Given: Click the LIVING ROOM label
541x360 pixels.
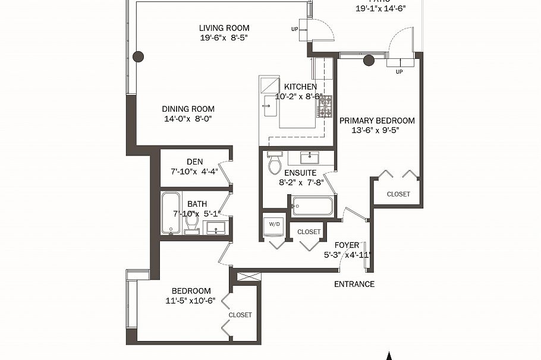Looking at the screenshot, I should pos(224,28).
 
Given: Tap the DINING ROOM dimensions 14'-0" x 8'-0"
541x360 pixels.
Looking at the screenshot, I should pos(188,119).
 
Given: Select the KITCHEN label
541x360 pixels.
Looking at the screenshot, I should pos(300,87).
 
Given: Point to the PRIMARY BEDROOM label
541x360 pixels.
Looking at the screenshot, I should pos(377,121).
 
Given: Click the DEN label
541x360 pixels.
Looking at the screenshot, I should pos(194,162).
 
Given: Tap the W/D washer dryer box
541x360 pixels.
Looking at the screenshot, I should pos(274,225).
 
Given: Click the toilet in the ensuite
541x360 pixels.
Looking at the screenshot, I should pos(274,164).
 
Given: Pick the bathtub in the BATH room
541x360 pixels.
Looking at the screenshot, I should pos(171,213).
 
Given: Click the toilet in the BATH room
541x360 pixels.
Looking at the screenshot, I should pos(192,223).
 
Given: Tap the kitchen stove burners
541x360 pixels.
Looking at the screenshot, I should pos(325,107).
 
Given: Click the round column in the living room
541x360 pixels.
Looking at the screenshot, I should pos(138,57).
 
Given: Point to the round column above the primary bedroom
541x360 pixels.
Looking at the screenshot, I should pos(369,59).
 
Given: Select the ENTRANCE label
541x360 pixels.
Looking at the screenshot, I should pos(354,284).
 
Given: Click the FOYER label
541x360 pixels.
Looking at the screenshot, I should pos(347,245).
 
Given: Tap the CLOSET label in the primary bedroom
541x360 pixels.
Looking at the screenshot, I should pos(398,194).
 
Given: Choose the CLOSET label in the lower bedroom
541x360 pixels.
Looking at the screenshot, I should pos(240,315).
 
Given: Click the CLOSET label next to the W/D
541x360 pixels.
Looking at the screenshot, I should pos(309,232).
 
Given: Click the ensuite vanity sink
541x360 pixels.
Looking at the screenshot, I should pos(309,158).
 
